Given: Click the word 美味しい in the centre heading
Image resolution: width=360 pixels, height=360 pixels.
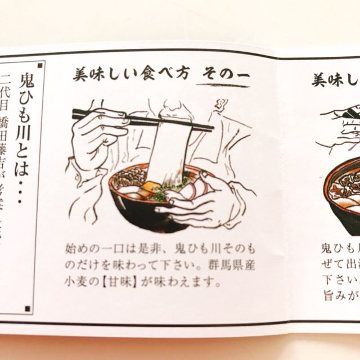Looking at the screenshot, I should click(x=98, y=76).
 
